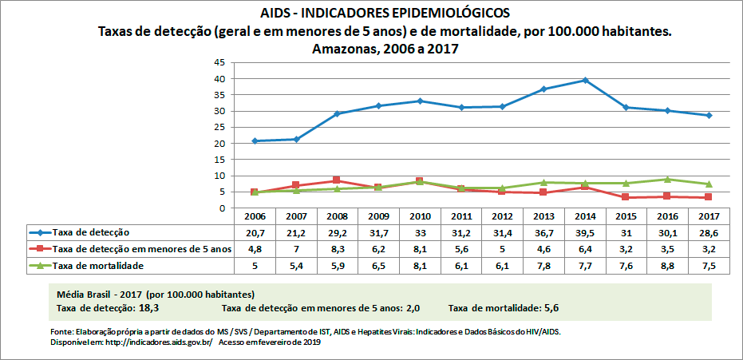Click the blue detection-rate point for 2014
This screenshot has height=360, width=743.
click(x=585, y=81)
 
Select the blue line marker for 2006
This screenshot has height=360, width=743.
click(x=255, y=141)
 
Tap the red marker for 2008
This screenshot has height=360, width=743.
click(x=337, y=180)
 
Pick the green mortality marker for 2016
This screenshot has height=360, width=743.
click(x=667, y=180)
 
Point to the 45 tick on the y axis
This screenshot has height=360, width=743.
click(x=218, y=62)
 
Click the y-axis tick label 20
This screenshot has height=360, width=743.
click(x=218, y=144)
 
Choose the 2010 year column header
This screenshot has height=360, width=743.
click(x=420, y=216)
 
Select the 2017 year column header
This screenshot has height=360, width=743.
click(x=709, y=216)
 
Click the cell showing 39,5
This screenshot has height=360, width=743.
click(x=585, y=232)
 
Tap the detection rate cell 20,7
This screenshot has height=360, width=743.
click(x=255, y=232)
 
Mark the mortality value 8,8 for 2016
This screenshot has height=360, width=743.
click(x=667, y=265)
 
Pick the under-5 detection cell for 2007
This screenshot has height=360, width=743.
click(x=296, y=249)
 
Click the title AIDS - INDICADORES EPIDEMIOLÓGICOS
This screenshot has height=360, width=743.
click(x=385, y=13)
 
